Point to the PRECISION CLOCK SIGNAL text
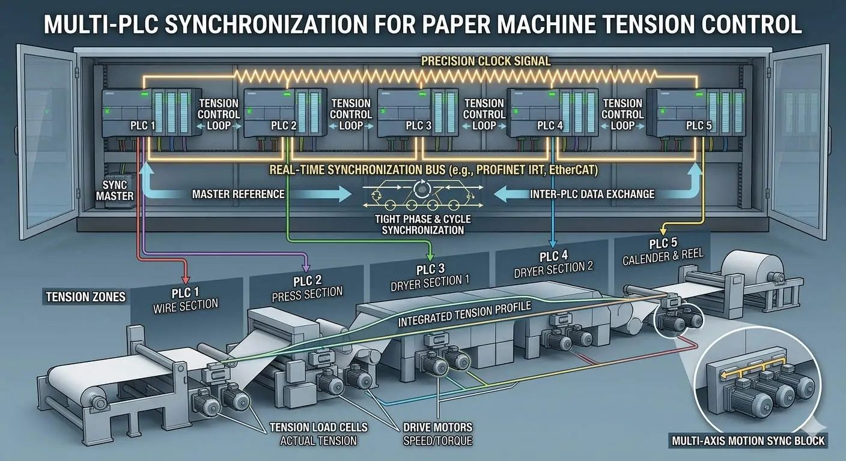[x=486, y=61]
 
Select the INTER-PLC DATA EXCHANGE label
[x=592, y=194]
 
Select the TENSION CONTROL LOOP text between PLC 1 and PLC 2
[x=219, y=114]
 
